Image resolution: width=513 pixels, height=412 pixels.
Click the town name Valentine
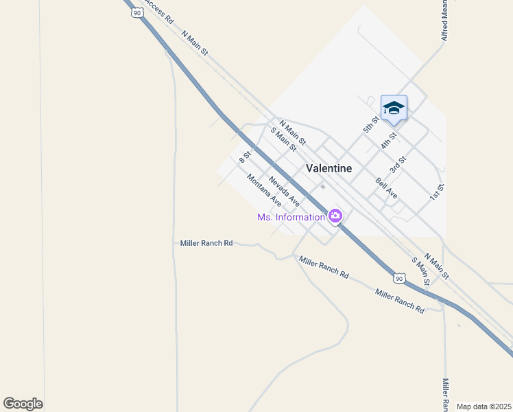[x=329, y=168]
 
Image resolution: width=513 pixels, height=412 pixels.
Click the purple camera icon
[x=335, y=216]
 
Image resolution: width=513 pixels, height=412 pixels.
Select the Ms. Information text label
[x=291, y=217]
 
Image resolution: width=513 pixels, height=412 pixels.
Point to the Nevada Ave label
[x=284, y=192]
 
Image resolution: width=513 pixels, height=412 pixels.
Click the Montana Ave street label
[x=265, y=191]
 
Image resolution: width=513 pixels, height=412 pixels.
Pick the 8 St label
[x=245, y=157]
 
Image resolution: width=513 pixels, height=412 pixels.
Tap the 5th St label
[x=371, y=124]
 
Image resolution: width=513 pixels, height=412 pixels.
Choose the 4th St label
[x=389, y=141]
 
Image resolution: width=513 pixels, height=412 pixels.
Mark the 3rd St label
[x=398, y=164]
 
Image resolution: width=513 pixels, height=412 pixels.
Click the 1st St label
[x=438, y=192]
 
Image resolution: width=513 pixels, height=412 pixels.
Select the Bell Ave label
[x=386, y=189]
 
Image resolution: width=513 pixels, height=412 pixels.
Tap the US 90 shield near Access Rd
[x=138, y=12]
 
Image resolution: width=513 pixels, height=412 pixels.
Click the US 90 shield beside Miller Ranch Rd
[x=399, y=278]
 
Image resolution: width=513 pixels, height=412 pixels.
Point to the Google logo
[x=23, y=404]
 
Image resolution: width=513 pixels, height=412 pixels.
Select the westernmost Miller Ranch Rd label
[x=206, y=243]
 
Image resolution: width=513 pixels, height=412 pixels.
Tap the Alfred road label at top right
[x=445, y=21]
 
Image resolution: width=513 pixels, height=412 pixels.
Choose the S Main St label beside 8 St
[x=283, y=139]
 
